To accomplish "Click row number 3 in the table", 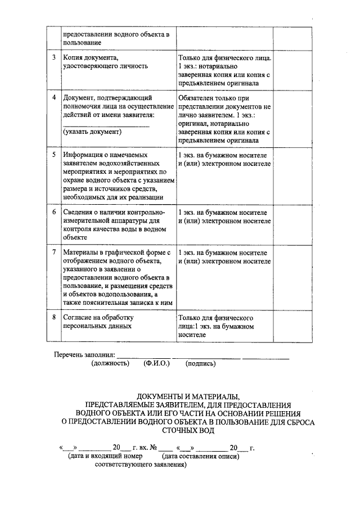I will coord(53,58).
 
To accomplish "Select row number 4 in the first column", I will coord(53,97).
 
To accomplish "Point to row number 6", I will coord(53,213).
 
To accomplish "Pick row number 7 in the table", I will coord(53,253).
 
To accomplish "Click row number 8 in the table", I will coord(53,317).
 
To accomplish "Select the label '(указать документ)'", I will coord(92,132).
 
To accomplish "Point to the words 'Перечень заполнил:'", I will coord(84,355).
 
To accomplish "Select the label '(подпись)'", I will coord(200,363).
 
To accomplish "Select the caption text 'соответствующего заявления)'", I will coord(140,465).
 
